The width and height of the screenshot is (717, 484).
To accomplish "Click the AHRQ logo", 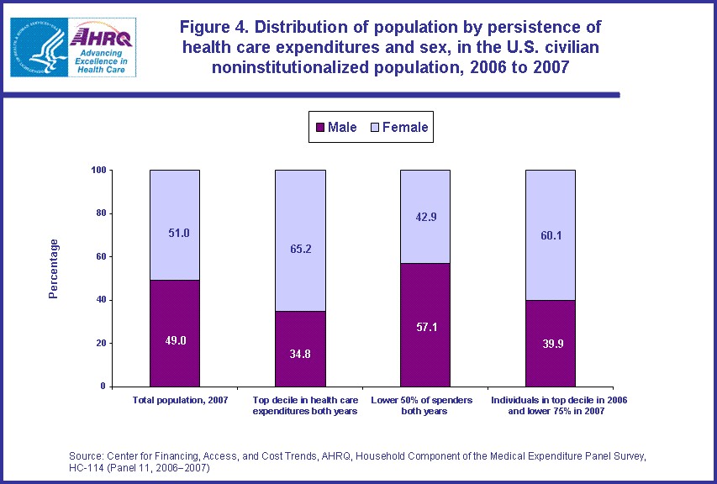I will [73, 48].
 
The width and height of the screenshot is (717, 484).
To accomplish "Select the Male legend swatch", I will [319, 128].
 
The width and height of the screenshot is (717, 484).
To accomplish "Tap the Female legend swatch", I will [374, 128].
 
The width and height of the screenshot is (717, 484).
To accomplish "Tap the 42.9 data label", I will [425, 217].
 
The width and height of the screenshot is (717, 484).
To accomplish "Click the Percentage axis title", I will [54, 269].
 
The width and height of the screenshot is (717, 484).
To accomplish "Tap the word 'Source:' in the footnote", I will [87, 456].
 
